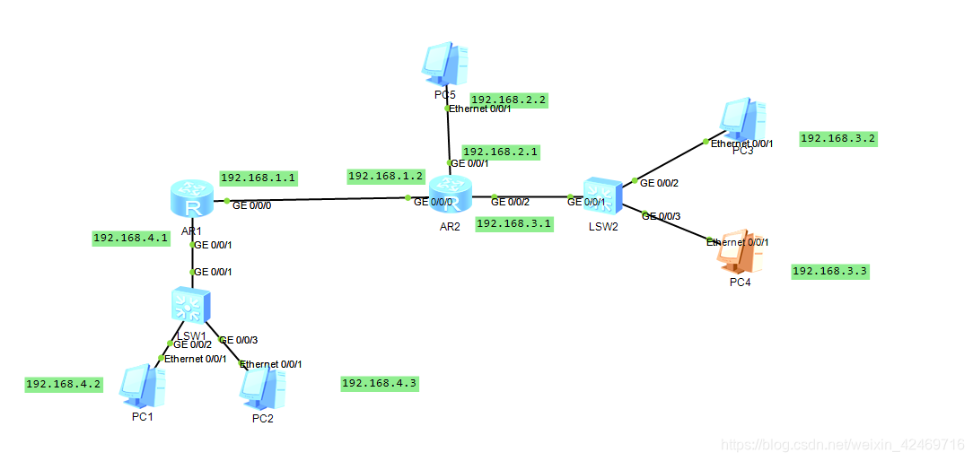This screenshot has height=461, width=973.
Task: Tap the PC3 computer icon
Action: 743,120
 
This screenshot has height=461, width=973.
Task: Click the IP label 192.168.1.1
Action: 259,178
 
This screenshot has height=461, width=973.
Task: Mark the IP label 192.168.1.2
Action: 386,176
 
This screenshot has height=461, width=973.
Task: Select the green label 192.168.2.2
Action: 509,100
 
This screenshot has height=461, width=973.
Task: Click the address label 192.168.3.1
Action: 514,223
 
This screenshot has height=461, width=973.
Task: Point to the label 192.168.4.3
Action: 380,384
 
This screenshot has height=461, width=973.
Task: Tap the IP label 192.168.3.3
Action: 830,271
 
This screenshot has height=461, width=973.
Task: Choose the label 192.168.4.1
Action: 131,239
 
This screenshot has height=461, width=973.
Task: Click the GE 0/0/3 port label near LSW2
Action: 662,216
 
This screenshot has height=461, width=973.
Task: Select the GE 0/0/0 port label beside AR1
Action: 252,205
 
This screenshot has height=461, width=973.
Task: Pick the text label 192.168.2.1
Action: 501,152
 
